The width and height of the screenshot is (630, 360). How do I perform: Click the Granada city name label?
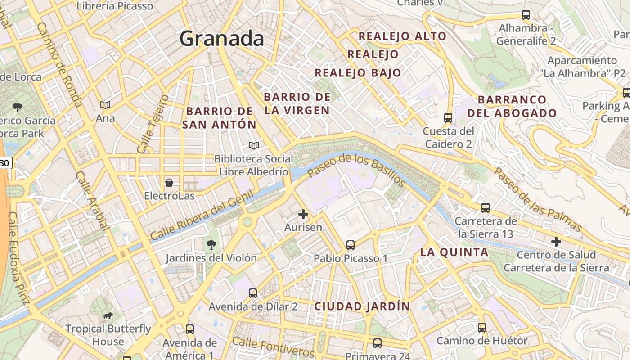click(x=221, y=39)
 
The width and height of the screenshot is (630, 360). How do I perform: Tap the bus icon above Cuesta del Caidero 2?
click(x=448, y=118)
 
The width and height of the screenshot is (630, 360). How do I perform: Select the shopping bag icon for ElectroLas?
click(x=169, y=183)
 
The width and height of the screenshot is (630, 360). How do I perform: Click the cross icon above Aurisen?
click(x=303, y=214)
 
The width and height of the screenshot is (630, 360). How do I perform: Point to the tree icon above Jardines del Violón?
click(x=211, y=245)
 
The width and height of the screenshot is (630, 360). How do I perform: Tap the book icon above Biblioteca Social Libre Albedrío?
click(x=254, y=145)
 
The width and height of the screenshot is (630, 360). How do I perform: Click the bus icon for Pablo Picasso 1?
click(x=351, y=245)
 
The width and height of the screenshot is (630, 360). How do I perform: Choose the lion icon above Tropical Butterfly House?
click(x=108, y=315)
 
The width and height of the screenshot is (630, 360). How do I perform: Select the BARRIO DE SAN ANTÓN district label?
click(x=219, y=118)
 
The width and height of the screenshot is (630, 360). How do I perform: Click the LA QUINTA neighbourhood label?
click(x=454, y=252)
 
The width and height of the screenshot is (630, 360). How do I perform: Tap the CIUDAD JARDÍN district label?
click(x=362, y=306)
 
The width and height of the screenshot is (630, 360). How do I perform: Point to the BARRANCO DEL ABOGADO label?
click(x=512, y=107)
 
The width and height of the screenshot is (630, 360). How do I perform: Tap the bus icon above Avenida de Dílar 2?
click(x=253, y=293)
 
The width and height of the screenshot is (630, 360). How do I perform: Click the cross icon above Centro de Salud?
click(x=556, y=242)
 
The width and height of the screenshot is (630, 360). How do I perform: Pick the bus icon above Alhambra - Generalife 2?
click(x=526, y=15)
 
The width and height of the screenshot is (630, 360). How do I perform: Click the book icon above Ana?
click(x=105, y=105)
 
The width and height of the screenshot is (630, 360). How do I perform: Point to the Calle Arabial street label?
click(x=92, y=201)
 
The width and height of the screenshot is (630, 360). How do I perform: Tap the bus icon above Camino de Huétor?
click(x=482, y=327)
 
